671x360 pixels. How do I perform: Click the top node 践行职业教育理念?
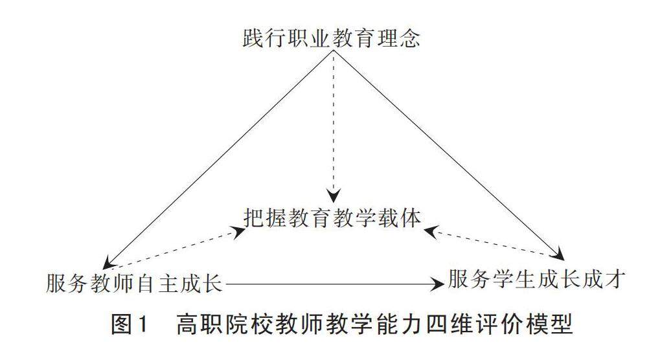pos(331,38)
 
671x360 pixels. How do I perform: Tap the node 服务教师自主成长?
pos(135,283)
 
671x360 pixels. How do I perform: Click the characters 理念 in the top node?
pos(402,38)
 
